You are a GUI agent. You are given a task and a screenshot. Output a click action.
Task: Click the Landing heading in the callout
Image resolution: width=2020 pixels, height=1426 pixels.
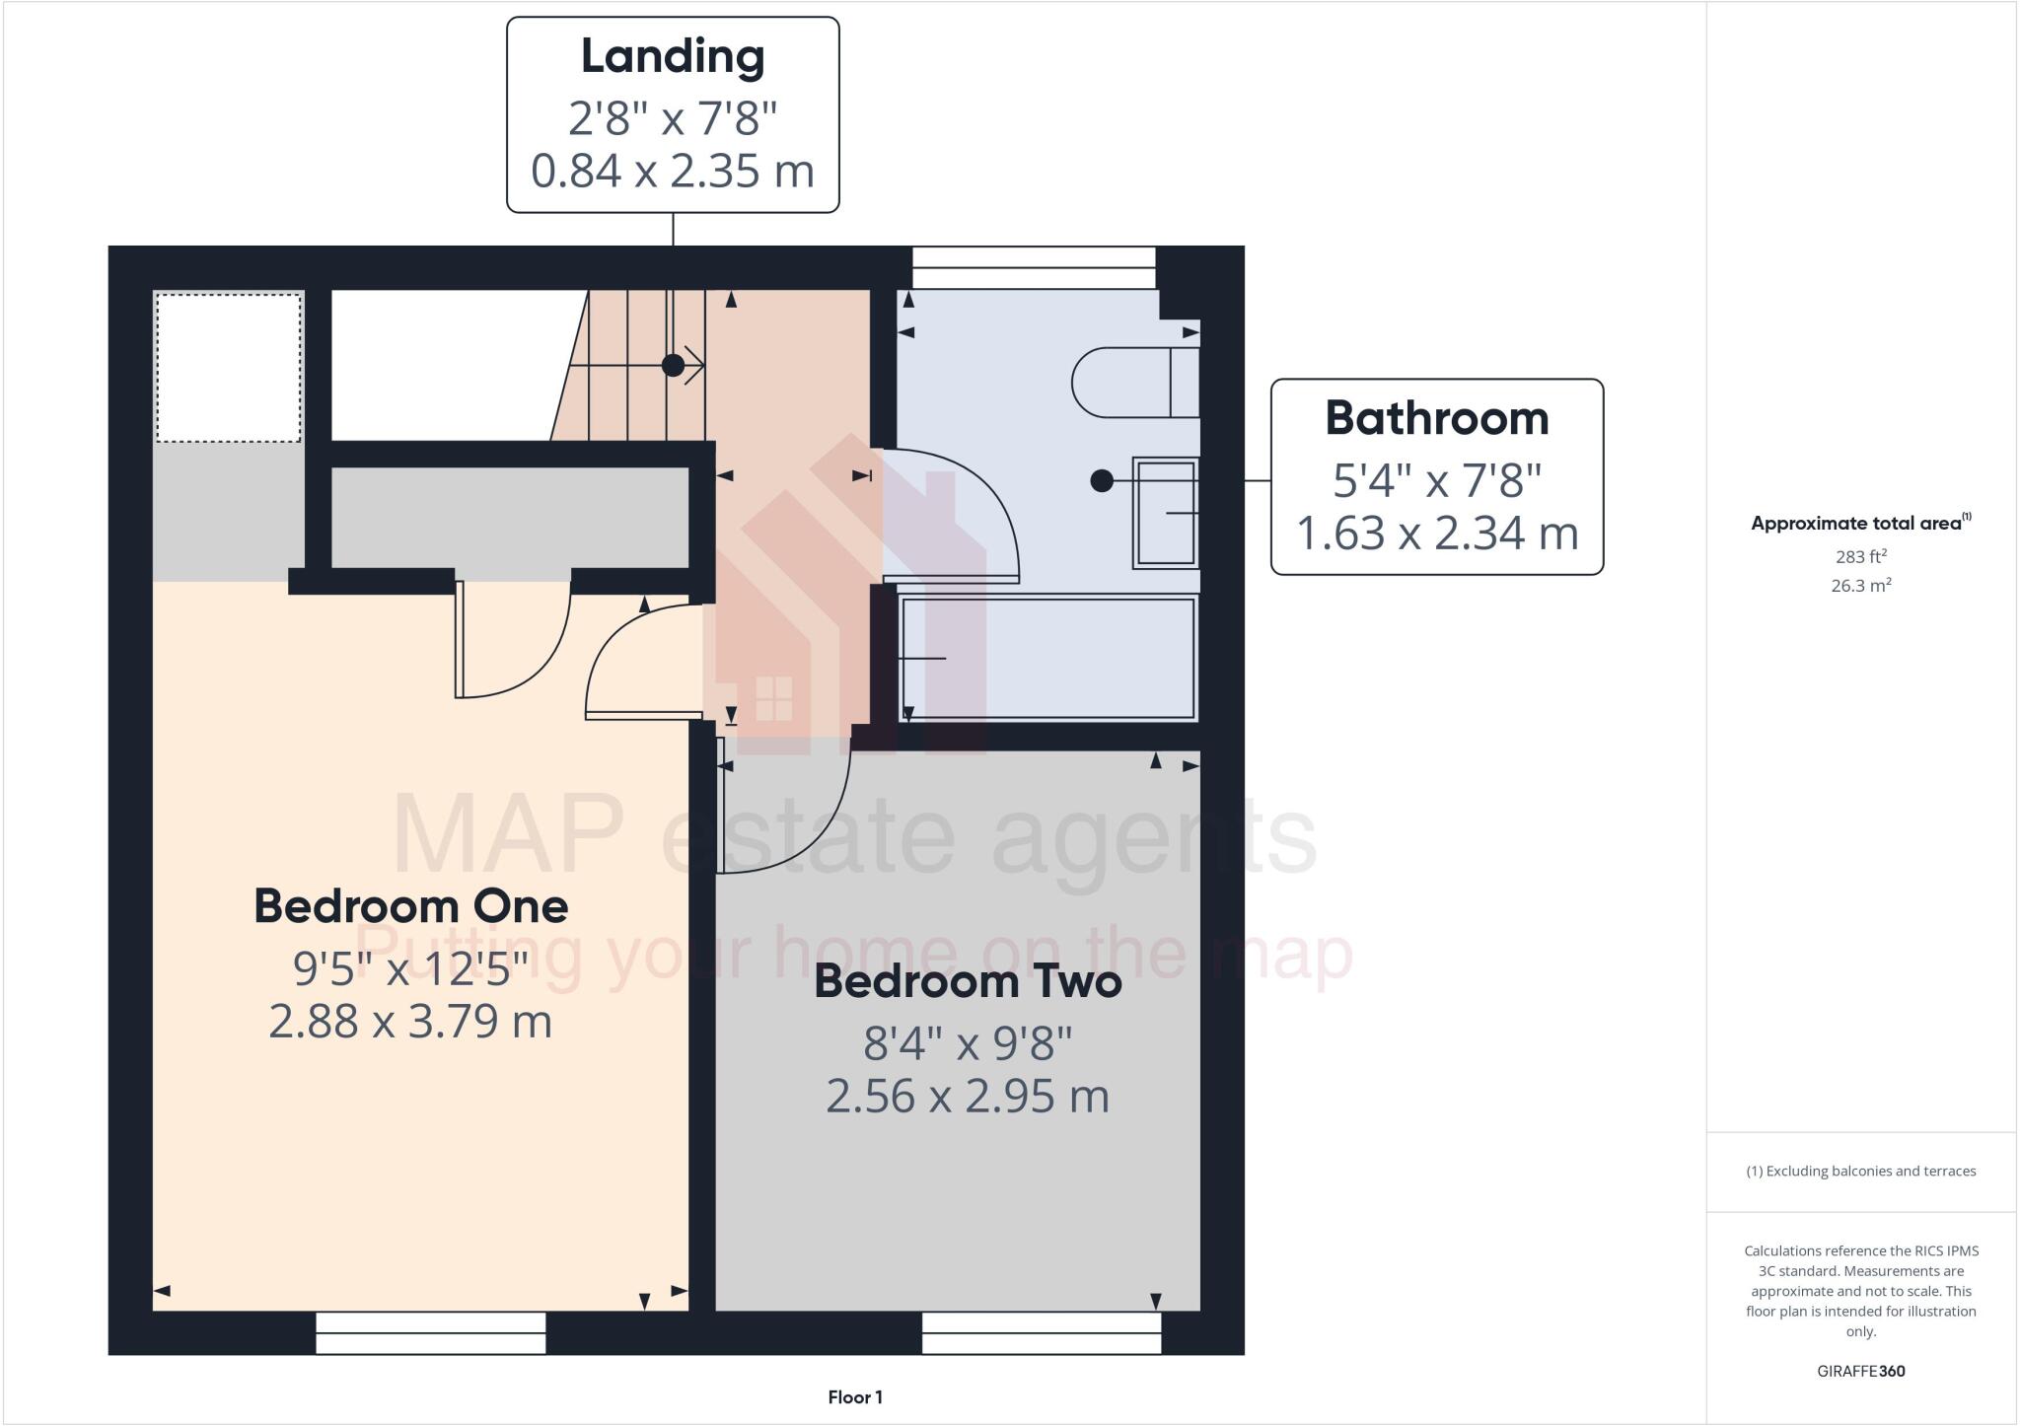673,56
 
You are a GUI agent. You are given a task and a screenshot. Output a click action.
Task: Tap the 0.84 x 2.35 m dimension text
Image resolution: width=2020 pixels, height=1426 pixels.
673,171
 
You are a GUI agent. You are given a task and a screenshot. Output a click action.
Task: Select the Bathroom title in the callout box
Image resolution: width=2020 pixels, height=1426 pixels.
1436,418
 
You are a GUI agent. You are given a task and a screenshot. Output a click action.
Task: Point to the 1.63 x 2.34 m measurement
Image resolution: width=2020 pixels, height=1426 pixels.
1436,534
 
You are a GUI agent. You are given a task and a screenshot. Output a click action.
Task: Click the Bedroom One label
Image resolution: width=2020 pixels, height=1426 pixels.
410,906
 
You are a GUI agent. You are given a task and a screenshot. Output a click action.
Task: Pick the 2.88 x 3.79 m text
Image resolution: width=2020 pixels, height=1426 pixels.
410,1022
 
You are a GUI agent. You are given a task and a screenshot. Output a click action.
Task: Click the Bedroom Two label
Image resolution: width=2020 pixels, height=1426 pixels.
968,982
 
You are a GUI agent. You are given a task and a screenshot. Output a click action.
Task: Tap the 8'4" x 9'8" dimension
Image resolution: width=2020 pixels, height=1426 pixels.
968,1043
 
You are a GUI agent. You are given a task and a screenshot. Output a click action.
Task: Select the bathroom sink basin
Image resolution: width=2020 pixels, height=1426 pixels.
1166,513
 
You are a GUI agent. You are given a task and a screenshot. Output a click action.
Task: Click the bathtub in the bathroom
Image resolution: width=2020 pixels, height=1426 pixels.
1047,658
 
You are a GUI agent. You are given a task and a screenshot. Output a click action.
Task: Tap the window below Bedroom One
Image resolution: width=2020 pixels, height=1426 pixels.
430,1332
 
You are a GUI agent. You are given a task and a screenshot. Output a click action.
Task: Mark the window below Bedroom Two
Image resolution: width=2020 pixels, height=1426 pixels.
1042,1332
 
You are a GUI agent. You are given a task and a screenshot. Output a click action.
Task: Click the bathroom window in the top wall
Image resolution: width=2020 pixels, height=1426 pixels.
1033,267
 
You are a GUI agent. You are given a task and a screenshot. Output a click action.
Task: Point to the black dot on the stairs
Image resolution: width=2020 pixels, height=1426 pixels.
673,366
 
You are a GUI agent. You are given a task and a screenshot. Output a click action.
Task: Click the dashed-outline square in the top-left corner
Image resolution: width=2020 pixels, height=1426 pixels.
228,367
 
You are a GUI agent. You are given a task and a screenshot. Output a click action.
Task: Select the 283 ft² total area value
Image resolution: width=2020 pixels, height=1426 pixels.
1860,557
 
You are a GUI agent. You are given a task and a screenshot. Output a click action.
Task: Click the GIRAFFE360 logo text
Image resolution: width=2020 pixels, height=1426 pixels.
1860,1371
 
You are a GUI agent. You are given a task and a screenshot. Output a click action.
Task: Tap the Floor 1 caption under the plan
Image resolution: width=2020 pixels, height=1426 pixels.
855,1397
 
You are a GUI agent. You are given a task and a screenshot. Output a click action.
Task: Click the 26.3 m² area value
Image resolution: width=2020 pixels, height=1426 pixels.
1860,586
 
